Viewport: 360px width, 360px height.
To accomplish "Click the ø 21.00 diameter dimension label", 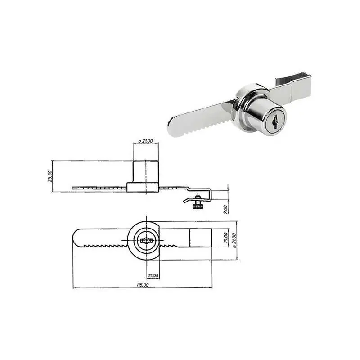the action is click(146, 141).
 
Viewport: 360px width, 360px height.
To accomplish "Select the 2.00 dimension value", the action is click(226, 209).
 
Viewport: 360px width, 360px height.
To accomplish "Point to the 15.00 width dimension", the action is click(225, 238).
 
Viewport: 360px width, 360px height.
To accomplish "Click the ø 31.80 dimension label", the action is click(234, 240).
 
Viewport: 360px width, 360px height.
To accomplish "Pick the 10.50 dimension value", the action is click(153, 275).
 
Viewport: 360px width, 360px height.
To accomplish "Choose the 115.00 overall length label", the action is click(143, 285).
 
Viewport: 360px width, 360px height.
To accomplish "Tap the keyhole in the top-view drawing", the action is click(146, 241).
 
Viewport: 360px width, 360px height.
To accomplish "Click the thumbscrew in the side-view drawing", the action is click(197, 202).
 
